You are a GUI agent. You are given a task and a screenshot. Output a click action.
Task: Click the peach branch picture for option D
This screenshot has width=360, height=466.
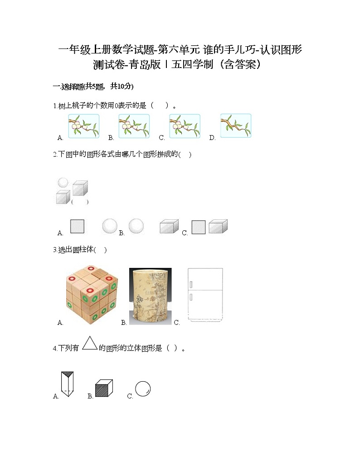coord(236,126)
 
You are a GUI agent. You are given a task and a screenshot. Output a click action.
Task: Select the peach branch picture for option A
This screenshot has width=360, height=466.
coord(83,126)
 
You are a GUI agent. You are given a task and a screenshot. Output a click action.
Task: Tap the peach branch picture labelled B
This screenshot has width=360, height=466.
coord(134,126)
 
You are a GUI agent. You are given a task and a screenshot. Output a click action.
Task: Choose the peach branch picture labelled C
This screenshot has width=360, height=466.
coord(185,126)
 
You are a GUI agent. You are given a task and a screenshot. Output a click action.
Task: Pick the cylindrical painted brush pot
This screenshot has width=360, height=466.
coord(150,296)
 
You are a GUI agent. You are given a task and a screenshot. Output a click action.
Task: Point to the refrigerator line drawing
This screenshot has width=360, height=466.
coord(205,296)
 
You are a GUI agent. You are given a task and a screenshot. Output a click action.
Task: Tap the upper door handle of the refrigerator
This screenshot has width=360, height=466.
coord(191,284)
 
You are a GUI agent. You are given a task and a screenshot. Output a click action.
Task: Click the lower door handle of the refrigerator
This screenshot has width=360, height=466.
coord(191,297)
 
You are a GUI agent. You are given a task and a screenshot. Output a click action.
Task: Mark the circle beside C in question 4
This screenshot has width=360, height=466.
coord(143,389)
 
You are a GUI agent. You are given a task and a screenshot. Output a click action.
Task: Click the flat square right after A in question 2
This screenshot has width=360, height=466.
coord(77,227)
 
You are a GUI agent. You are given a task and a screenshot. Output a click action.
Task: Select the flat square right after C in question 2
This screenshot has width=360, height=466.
coord(199,227)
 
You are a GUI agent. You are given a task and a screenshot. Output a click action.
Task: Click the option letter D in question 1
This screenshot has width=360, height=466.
coord(212,138)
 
